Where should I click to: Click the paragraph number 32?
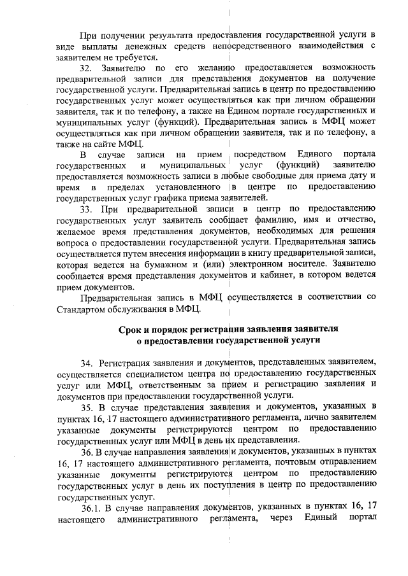pos(87,67)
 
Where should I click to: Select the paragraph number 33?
pos(87,208)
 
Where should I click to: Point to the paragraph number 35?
pos(87,405)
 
